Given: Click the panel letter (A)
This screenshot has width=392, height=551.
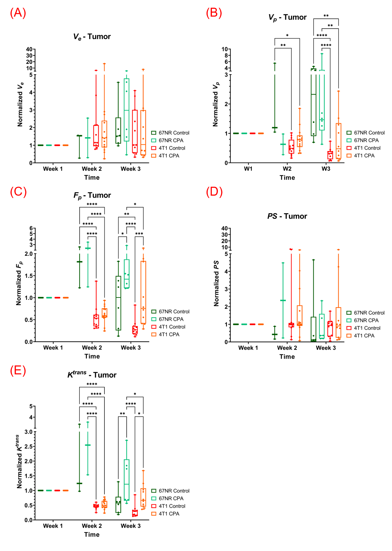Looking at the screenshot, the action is tap(18, 13).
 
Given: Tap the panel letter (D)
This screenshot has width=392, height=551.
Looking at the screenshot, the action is tap(214, 192).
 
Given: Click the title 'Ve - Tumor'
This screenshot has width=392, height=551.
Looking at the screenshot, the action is tap(92, 37).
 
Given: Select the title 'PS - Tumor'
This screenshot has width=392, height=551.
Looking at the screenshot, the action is tap(287, 216).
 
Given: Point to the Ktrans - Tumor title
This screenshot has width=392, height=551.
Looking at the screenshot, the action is tap(92, 374).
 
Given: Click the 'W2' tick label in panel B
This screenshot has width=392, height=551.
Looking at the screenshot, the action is tap(287, 169).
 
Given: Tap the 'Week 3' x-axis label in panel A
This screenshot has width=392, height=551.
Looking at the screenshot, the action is tap(131, 169).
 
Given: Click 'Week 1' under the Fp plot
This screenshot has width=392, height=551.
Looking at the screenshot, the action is tap(53, 348).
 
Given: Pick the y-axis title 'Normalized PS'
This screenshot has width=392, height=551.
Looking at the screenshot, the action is tap(216, 284).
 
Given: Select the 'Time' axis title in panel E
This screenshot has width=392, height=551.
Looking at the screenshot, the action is tap(92, 534).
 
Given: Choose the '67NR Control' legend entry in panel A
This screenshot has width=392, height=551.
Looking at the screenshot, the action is tap(170, 133).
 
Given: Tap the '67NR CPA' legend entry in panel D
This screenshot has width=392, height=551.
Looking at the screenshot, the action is tap(362, 320).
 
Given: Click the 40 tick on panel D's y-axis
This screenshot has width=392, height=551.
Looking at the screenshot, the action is tap(224, 228).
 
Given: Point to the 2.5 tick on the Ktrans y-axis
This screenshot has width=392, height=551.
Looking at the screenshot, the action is tap(28, 446).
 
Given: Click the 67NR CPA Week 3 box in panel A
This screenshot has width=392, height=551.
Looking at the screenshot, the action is tap(126, 110).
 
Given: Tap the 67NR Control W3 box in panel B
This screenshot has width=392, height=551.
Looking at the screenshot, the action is tap(313, 102).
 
